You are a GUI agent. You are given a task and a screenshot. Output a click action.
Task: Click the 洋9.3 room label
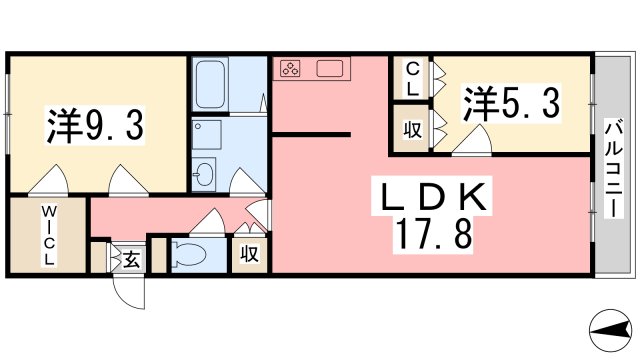[x=97, y=126]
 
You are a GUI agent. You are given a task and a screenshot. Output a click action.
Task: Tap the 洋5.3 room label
[x=509, y=103]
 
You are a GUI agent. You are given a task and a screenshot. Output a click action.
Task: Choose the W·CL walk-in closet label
[x=47, y=234]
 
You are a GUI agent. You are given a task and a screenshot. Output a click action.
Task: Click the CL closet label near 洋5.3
[x=410, y=77]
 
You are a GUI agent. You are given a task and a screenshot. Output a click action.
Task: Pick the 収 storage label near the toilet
[x=249, y=254]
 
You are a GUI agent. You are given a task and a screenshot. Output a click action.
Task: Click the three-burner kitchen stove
[x=291, y=69]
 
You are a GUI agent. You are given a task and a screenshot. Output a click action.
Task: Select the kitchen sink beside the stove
[x=331, y=69]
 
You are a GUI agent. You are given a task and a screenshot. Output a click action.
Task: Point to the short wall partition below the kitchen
[x=310, y=132]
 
